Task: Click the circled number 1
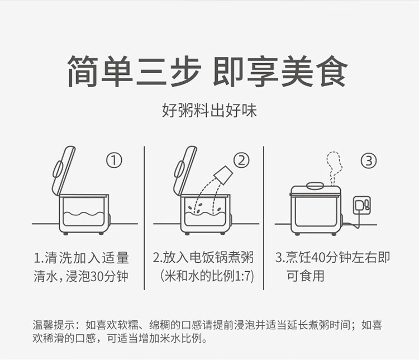click(x=114, y=161)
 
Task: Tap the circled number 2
click(x=240, y=161)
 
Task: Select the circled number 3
click(x=368, y=161)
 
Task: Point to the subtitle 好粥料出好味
click(x=209, y=110)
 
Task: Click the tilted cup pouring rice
click(x=224, y=174)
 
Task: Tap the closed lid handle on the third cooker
click(x=316, y=185)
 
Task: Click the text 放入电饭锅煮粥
click(x=208, y=258)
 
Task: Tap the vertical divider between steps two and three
click(x=264, y=218)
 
